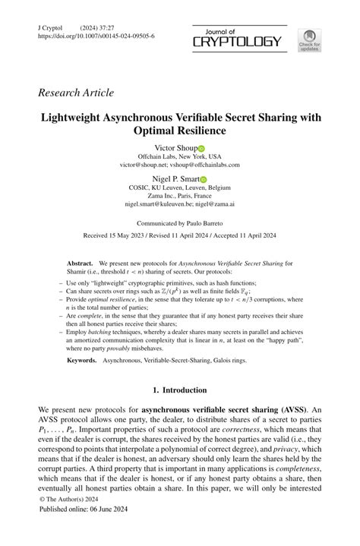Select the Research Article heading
point(75,93)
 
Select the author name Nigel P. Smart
point(175,179)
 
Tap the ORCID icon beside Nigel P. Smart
point(204,180)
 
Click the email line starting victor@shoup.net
point(179,164)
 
